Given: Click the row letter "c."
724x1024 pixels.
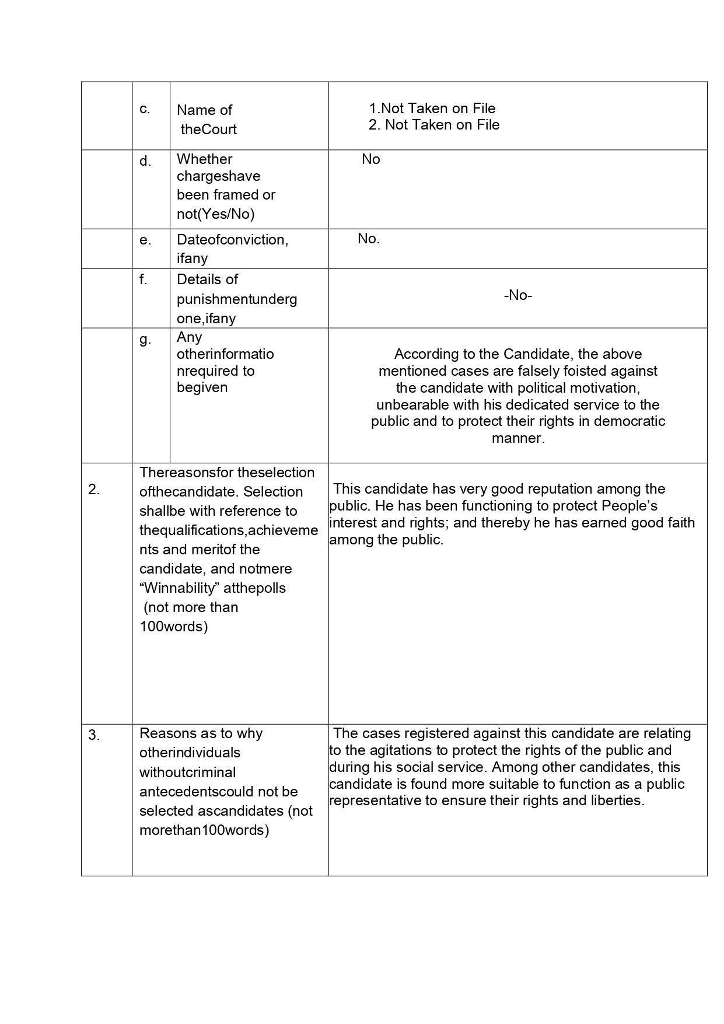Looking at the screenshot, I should [x=145, y=109].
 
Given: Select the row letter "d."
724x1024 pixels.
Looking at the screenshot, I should [x=145, y=161].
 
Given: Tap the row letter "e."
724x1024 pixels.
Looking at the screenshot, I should [x=145, y=240].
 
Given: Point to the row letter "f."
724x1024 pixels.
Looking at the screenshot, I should [x=144, y=279].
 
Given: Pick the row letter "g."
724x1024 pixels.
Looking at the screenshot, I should [x=145, y=339].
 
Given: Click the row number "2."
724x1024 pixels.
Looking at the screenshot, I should [x=94, y=490].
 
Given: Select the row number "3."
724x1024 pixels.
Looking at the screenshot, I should [x=94, y=735].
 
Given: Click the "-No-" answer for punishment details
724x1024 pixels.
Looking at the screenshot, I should [x=517, y=295].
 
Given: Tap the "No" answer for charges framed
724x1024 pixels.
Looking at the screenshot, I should [x=370, y=159].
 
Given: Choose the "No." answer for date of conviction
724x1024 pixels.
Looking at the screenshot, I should [x=369, y=239].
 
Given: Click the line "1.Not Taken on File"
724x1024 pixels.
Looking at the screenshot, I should [x=432, y=108].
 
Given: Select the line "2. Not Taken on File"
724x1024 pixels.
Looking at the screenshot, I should [x=434, y=125].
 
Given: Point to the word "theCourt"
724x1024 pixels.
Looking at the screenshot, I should [x=208, y=130].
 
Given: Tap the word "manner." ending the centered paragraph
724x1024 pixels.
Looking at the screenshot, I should [x=518, y=438].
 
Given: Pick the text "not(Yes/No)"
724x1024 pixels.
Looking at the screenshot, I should [x=216, y=214].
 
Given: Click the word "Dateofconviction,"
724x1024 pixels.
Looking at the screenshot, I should [x=232, y=240].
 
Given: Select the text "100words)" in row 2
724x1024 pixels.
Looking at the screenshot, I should [x=174, y=627].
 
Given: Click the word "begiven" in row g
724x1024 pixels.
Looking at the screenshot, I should [x=202, y=387].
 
